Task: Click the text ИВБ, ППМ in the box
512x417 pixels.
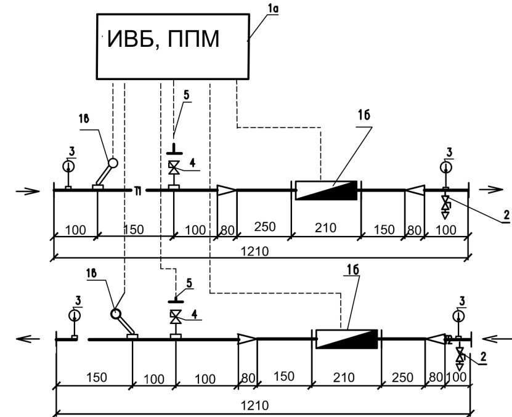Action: [x=163, y=41]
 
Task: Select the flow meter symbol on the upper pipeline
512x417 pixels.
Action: [x=327, y=190]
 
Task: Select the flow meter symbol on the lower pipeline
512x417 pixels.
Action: [x=346, y=339]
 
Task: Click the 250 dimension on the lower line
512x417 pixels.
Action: [x=403, y=378]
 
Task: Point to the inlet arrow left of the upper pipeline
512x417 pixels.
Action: [x=27, y=190]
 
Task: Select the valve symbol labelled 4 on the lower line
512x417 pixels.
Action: [x=176, y=318]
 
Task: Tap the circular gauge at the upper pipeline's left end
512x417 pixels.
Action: [x=68, y=166]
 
